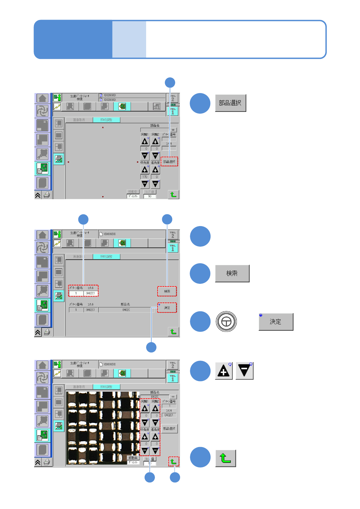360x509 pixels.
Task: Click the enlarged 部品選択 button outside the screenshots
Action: tap(230, 103)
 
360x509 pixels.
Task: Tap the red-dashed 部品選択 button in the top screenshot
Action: tap(169, 162)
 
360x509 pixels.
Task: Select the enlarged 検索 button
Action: tap(232, 274)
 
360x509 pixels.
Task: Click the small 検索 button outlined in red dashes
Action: tap(167, 291)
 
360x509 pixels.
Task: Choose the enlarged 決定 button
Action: tap(276, 322)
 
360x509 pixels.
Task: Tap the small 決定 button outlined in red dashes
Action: tap(167, 308)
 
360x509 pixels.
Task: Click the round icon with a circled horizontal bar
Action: tap(226, 322)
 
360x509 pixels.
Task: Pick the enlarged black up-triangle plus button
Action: tap(224, 371)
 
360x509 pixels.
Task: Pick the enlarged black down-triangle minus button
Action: tap(244, 371)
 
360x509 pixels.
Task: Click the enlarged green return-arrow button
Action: tap(225, 458)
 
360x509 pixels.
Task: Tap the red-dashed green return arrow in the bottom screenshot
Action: tap(174, 462)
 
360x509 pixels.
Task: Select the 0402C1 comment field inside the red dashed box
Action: tap(90, 293)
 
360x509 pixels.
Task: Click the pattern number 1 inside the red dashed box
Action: tap(76, 293)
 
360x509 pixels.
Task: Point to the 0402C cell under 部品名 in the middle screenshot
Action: tap(126, 310)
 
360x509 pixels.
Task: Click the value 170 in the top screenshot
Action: tap(145, 177)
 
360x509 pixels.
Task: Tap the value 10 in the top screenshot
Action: tap(149, 196)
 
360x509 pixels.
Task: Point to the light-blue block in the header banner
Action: tap(129, 39)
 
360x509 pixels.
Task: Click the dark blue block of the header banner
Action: tap(73, 39)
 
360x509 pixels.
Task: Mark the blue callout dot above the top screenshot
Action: tap(170, 83)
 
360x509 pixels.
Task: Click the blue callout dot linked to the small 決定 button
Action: tap(151, 347)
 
